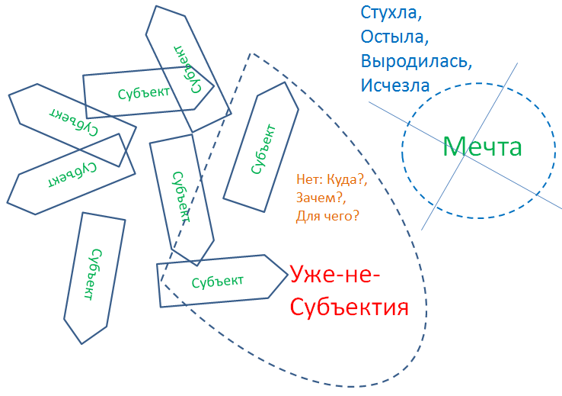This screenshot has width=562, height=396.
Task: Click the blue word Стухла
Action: (x=389, y=13)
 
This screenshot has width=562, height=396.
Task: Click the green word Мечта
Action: (x=482, y=146)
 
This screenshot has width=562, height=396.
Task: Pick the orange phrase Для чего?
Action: (x=328, y=217)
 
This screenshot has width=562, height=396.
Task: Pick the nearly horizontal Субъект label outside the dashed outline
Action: (x=144, y=92)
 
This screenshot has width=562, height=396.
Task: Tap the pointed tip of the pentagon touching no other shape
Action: (x=81, y=343)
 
